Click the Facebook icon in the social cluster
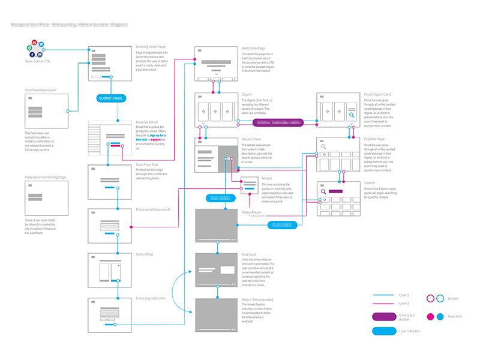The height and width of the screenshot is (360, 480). click(x=32, y=54)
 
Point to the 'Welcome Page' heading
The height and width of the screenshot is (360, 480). click(x=253, y=47)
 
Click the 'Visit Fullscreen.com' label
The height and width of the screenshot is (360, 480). click(x=40, y=90)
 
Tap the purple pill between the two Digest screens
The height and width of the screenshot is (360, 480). click(x=278, y=122)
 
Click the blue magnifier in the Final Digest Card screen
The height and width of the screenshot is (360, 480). click(x=351, y=115)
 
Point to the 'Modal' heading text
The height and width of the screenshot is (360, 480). click(x=267, y=178)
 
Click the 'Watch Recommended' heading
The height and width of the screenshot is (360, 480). click(x=257, y=299)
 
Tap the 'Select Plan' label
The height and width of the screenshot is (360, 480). click(x=146, y=254)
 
